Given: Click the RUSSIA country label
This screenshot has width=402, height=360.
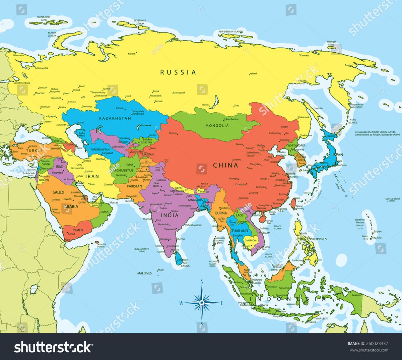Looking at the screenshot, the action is tap(178, 72).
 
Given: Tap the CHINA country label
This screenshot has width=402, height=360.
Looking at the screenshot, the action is tap(225, 165).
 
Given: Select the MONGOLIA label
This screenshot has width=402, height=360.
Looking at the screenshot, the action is tap(217, 126).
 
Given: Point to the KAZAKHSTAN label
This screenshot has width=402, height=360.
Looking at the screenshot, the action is tap(115, 118).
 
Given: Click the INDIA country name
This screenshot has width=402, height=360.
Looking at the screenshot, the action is tap(170, 215).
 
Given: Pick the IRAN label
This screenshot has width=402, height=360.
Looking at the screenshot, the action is tap(92, 176).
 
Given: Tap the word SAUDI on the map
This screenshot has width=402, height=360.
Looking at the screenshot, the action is tap(58, 192).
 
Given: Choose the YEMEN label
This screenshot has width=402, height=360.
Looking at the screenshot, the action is tap(78, 230).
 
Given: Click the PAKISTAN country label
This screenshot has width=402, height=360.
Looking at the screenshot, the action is tap(134, 186).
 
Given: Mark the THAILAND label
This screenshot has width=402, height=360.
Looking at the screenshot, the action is tap(240, 231).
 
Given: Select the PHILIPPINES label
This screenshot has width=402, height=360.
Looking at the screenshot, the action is tap(318, 239).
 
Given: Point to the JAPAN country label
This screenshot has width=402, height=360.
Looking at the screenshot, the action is tap(337, 155).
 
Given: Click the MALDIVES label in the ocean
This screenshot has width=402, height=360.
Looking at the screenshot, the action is tap(144, 273).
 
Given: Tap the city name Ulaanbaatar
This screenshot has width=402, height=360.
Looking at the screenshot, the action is tap(231, 119).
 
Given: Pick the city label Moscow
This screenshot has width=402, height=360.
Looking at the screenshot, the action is tap(40, 93).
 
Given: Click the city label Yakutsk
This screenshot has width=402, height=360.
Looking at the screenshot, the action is tap(254, 74).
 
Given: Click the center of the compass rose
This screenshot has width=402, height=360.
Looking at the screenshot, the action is tap(202, 303).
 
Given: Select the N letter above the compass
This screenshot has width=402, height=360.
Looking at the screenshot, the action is tap(202, 282).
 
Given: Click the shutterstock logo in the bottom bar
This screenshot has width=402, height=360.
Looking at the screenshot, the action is tap(53, 347).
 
